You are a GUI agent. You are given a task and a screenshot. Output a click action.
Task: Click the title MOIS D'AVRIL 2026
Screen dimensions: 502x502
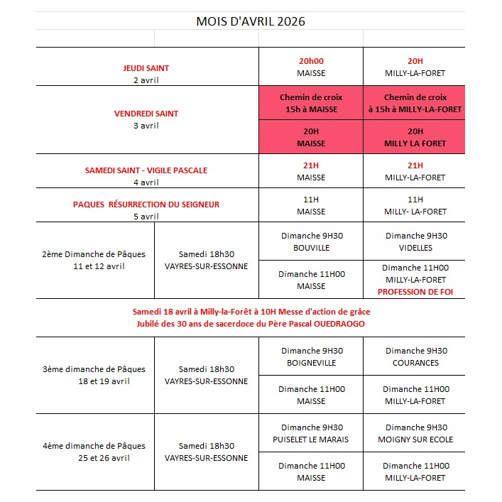coord(251,21)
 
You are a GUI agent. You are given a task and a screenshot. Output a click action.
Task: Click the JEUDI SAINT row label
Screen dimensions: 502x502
coord(146,68)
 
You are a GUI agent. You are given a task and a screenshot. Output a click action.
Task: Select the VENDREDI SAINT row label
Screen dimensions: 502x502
coord(146,114)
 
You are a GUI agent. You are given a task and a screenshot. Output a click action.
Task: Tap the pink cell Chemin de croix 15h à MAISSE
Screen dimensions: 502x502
coord(311,103)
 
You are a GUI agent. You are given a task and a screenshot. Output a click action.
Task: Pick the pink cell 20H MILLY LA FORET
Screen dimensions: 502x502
coord(414,137)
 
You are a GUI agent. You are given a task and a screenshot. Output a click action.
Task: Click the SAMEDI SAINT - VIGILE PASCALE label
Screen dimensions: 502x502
coord(146,170)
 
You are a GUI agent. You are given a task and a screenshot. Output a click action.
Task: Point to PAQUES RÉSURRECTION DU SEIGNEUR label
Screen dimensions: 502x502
coord(146,204)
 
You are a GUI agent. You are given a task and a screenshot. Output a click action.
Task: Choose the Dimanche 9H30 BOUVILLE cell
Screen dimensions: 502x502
coord(311,241)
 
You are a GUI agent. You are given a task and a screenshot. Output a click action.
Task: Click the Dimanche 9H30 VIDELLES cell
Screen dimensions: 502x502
coord(415,241)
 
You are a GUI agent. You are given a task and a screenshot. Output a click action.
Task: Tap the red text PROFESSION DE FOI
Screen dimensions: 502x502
coord(415,292)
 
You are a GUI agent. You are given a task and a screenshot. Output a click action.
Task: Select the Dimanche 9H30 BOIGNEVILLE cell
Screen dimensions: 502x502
coord(311,356)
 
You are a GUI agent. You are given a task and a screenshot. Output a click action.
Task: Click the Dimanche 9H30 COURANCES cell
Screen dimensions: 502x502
coord(415,356)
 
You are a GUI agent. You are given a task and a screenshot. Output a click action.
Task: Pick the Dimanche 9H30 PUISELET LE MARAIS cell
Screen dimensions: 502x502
coord(311,433)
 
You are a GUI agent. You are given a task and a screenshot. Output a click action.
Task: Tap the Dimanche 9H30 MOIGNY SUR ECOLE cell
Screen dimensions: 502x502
coord(415,433)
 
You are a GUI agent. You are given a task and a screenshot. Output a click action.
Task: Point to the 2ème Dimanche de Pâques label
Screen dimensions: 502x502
coord(94,253)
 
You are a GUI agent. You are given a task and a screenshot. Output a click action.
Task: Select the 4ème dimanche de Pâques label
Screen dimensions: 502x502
coord(94,446)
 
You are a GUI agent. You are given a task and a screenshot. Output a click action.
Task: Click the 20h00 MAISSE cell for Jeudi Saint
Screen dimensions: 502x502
coord(311,67)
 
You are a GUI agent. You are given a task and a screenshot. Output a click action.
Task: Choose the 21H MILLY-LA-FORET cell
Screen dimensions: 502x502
coord(415,171)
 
